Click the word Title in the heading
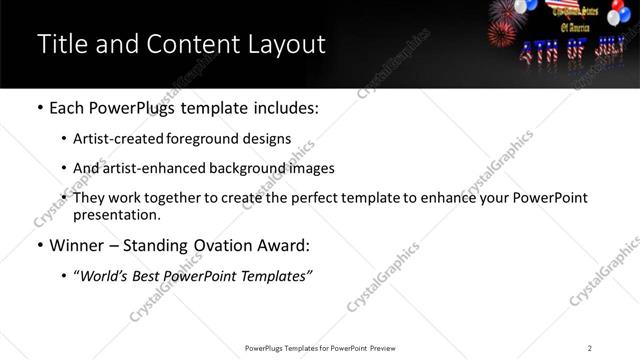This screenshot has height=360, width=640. coord(59,45)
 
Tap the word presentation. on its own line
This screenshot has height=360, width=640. coord(116,215)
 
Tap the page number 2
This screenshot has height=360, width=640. coord(589,348)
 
